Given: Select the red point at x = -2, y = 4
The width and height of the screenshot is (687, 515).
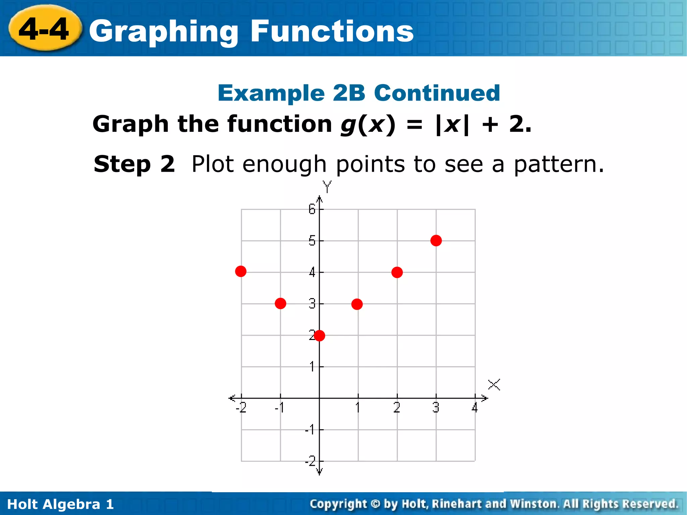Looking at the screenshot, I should [241, 271].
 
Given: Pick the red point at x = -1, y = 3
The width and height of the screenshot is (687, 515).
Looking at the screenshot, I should [280, 303].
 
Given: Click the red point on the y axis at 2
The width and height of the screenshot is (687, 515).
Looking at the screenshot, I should [319, 335].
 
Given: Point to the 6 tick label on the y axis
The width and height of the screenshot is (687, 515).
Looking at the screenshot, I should [312, 210].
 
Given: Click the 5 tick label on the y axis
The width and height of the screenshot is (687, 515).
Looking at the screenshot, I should [312, 241].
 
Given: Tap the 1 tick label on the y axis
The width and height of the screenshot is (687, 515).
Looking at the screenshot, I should [312, 366].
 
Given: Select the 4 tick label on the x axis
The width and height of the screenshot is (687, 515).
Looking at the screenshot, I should [474, 408].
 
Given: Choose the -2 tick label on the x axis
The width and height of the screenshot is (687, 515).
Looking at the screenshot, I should [241, 408].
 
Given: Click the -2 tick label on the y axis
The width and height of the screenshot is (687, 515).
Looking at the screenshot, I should [311, 461].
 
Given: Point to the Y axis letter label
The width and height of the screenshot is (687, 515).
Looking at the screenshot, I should [327, 187].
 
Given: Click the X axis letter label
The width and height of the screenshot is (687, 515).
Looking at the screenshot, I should [494, 385].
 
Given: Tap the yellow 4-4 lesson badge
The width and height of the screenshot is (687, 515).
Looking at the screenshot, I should [45, 30].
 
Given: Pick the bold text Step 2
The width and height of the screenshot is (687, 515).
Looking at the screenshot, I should [134, 164].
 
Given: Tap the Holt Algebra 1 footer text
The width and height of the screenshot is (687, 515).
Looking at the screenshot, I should [60, 504].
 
